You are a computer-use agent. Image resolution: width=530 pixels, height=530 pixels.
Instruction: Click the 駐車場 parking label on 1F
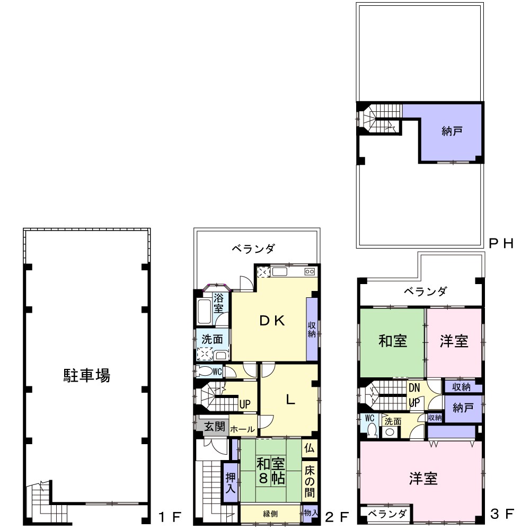point(86,375)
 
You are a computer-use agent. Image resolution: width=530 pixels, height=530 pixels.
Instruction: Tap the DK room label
point(272,321)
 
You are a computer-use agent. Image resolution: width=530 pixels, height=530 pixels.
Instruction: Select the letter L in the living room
point(290,400)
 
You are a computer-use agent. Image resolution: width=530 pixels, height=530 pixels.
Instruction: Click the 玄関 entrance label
point(215,426)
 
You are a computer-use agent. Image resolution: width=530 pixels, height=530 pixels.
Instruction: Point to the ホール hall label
point(242,429)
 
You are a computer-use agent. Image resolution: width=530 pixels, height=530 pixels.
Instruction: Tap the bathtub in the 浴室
point(205,311)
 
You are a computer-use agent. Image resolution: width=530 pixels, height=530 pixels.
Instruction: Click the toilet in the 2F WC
point(205,372)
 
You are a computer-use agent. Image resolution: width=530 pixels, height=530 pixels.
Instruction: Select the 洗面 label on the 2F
point(212,339)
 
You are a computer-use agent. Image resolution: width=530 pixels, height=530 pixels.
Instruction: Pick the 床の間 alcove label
point(310,481)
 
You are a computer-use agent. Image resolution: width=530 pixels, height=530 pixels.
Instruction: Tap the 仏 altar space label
point(310,448)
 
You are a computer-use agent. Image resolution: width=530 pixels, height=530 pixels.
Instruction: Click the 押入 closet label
point(231,483)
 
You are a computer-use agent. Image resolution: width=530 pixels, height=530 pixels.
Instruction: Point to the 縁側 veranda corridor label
point(270,514)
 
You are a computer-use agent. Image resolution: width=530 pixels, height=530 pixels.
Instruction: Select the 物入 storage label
point(311,513)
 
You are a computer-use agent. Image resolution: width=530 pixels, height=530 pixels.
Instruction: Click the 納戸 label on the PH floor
point(452,131)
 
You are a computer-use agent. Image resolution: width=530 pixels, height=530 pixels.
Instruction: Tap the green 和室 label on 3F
point(393,341)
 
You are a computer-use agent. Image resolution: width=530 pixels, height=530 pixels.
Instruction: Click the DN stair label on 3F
point(414,388)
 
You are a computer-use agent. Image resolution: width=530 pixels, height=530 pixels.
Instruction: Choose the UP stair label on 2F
point(245,404)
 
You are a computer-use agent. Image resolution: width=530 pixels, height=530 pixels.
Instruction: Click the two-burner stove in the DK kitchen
point(310,271)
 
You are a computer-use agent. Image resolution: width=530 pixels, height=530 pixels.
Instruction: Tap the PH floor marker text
point(501,243)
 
